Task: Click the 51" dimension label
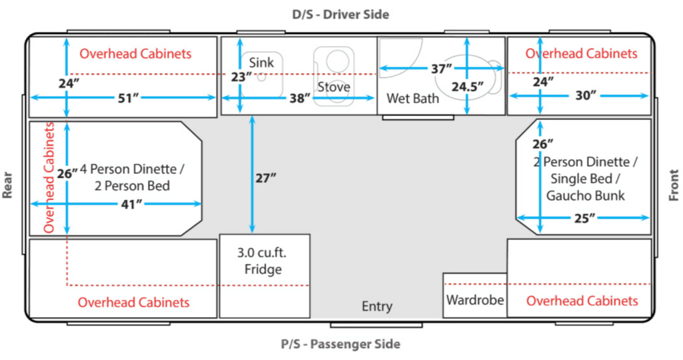128,99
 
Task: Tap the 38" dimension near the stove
299,99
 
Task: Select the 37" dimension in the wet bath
442,69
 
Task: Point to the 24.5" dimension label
468,87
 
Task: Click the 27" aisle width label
265,177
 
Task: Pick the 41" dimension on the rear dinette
132,204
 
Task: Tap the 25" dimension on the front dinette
584,218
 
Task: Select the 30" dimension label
586,95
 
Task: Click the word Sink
261,63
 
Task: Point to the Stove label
333,87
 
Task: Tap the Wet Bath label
412,99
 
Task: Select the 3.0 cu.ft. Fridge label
263,261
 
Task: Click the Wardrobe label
475,300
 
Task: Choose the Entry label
378,307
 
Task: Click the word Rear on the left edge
7,185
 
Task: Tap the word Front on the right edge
674,185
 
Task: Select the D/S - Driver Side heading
341,15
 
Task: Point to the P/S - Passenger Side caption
341,344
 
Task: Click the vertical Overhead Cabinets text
49,177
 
